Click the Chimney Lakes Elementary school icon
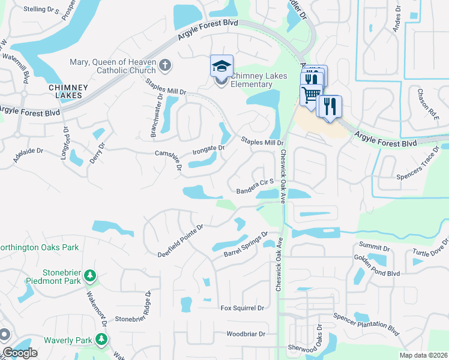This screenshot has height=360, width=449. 221,65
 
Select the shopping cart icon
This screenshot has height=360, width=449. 311,94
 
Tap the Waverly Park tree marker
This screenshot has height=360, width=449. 101,340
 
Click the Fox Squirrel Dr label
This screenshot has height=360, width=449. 243,308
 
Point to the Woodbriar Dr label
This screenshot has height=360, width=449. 246,334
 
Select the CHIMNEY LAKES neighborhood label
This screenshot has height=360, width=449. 68,91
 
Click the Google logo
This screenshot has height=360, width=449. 20,353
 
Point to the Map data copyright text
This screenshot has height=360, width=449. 424,355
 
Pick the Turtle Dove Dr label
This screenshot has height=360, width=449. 430,251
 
